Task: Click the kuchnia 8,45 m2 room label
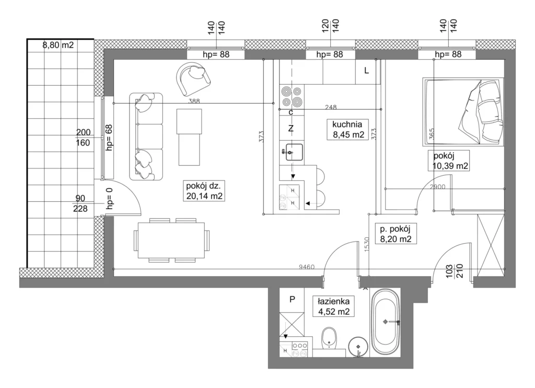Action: [347, 129]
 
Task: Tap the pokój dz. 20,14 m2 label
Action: [204, 190]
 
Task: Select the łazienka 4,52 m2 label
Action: [334, 306]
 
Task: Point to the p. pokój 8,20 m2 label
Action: [396, 234]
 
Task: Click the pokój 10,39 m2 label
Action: [450, 161]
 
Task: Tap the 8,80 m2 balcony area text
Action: [58, 45]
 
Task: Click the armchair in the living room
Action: [193, 78]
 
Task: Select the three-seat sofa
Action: [146, 136]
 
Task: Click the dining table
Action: [171, 241]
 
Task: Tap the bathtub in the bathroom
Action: [385, 322]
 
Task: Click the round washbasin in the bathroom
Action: [358, 347]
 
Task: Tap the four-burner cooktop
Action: [292, 97]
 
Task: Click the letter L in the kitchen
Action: [366, 71]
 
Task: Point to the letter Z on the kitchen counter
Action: [291, 129]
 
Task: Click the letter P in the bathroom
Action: [292, 300]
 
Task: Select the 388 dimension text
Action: [194, 101]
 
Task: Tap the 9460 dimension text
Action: [307, 267]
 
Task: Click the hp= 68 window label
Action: [109, 138]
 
